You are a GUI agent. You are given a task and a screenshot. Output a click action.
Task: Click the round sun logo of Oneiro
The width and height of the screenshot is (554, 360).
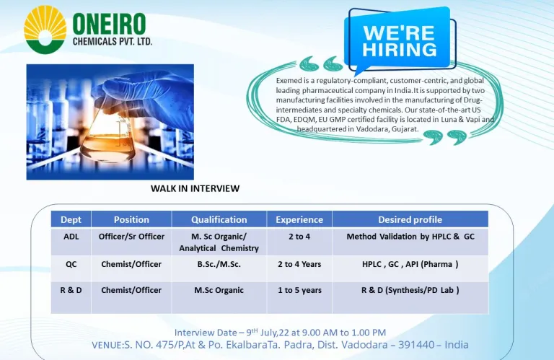click(45, 30)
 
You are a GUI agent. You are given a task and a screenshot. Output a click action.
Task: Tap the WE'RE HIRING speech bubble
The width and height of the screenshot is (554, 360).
click(399, 40)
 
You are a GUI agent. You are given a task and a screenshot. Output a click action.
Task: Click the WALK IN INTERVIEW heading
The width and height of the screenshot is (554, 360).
click(195, 188)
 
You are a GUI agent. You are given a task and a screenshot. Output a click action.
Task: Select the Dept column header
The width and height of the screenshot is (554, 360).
click(71, 219)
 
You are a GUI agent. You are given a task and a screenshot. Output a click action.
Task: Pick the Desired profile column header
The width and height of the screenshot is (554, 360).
click(410, 219)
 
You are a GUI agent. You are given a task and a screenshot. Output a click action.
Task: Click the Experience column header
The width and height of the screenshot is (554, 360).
click(299, 219)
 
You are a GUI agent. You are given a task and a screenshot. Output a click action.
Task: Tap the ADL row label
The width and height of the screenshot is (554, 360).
click(71, 237)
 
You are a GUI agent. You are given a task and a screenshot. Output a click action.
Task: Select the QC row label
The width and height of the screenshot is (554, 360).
click(71, 264)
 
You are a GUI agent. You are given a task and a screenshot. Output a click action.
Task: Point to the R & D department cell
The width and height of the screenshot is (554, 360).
click(71, 290)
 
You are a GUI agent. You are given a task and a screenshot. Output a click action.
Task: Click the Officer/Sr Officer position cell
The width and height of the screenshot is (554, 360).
click(131, 237)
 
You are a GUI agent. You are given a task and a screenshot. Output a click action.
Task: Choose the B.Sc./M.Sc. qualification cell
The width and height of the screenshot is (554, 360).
click(219, 264)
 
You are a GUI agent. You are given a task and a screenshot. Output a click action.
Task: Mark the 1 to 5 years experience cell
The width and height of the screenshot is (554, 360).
click(299, 290)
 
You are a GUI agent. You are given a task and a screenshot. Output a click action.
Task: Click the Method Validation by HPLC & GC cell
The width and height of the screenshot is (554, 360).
click(410, 237)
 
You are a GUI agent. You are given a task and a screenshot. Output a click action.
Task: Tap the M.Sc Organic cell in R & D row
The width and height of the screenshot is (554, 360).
click(219, 290)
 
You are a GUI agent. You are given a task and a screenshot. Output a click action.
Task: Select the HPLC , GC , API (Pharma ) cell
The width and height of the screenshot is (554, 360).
click(410, 264)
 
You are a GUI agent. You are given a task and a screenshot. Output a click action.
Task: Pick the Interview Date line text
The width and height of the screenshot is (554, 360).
click(280, 333)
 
